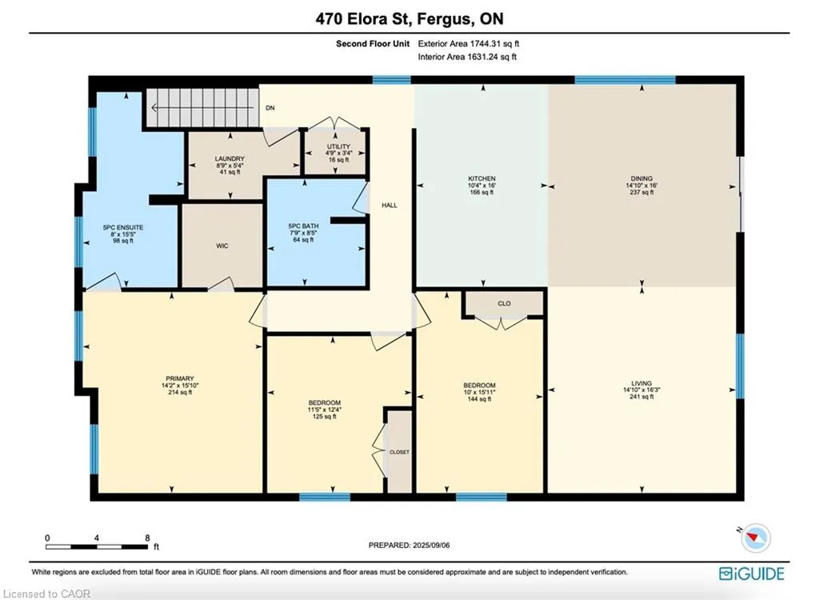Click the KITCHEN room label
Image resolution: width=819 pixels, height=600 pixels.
pos(481,178)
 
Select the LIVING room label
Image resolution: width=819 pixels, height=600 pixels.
pos(641,383)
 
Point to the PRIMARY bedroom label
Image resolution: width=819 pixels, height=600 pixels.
pos(180,378)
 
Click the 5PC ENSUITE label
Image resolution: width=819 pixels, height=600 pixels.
pos(122,227)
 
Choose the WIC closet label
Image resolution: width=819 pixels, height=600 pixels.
pos(222,246)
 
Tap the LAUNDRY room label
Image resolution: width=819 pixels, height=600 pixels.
pos(230,158)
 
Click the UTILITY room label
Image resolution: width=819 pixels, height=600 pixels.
pos(338,146)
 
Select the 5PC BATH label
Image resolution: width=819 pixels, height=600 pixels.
pos(303,226)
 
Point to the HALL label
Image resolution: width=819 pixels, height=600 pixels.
pos(390,206)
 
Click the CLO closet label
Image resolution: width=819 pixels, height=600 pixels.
pos(504,303)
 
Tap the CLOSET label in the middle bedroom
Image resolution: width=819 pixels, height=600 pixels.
pos(399,452)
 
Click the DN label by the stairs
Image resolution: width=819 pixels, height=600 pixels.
pos(270,108)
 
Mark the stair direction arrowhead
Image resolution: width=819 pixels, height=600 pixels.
pos(154,108)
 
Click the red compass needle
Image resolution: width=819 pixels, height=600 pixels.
pos(753,537)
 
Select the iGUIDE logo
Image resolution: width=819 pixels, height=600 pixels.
pos(752,574)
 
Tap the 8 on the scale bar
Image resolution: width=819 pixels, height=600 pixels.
pos(147,538)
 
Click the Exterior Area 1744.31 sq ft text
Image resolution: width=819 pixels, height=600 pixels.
pos(469,44)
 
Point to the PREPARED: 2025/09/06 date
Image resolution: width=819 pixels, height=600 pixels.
pos(409,545)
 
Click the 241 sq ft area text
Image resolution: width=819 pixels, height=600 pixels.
pos(641,397)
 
